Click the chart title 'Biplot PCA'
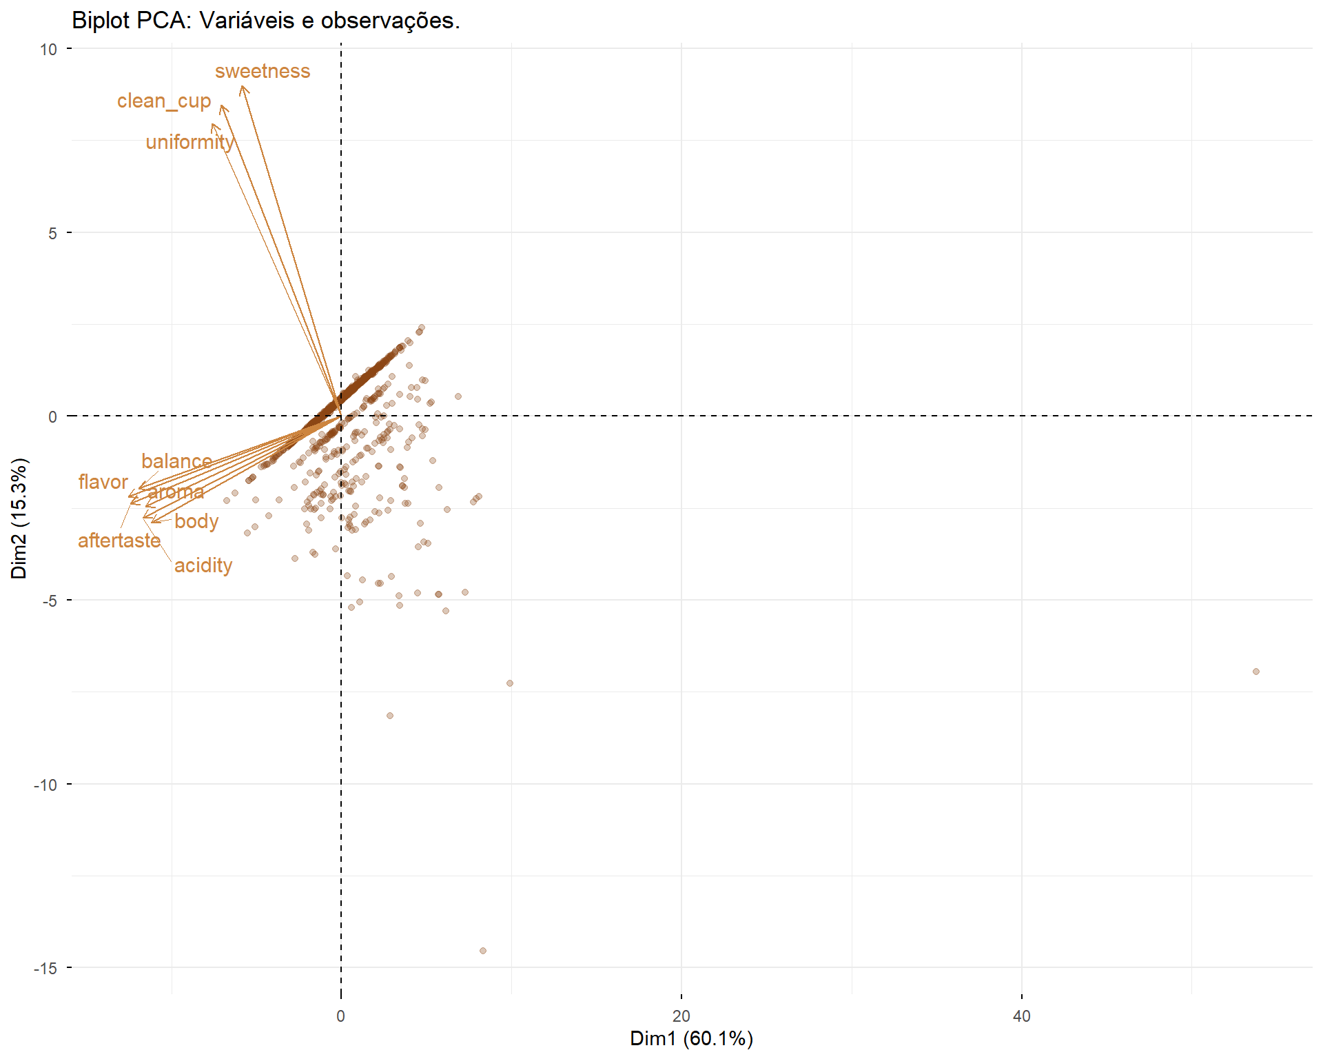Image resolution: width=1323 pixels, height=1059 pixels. click(x=265, y=21)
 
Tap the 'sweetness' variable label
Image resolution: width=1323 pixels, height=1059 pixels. click(x=263, y=71)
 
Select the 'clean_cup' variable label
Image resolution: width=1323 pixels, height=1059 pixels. click(x=164, y=101)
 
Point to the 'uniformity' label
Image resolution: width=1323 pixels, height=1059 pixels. click(x=189, y=142)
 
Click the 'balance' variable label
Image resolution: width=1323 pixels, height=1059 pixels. click(x=176, y=461)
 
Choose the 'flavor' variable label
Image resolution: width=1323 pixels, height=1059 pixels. click(x=103, y=482)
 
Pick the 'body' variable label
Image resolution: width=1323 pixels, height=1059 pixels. click(x=196, y=521)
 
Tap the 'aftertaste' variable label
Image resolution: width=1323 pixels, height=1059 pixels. click(x=119, y=541)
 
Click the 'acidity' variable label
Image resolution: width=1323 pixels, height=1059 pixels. click(x=203, y=565)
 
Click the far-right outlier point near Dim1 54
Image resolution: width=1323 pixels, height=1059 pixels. click(x=1256, y=672)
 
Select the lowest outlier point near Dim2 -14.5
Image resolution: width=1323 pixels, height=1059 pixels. click(x=483, y=951)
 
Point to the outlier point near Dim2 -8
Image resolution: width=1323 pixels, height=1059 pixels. click(x=390, y=716)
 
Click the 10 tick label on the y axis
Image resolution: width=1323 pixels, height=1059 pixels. click(x=48, y=49)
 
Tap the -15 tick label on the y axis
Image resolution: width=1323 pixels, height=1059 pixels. click(x=46, y=968)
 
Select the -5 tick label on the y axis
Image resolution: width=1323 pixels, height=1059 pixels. click(x=49, y=601)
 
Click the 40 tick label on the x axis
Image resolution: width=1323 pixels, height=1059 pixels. click(x=1021, y=1016)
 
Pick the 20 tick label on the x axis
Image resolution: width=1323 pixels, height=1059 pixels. click(x=681, y=1016)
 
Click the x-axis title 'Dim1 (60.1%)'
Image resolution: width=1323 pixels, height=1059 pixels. click(x=691, y=1038)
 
